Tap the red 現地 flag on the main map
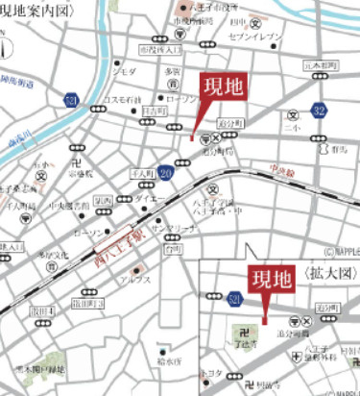pyautogui.click(x=223, y=87)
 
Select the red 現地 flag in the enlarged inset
pyautogui.click(x=272, y=280)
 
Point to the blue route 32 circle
pyautogui.click(x=319, y=112)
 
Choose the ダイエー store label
pyautogui.click(x=150, y=198)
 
